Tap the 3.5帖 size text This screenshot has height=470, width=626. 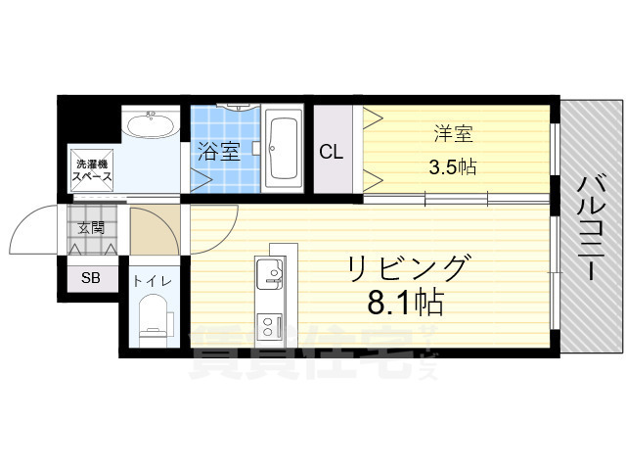(452, 166)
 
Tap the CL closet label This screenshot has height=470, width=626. (332, 153)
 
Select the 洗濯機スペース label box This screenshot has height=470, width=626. (90, 170)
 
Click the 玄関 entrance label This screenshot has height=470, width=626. (91, 229)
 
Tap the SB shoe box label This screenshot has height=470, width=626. (91, 278)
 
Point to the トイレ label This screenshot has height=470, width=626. (154, 281)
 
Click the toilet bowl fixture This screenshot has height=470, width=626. (155, 320)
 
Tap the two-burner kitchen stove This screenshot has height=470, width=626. (268, 323)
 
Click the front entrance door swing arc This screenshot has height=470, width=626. (32, 229)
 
